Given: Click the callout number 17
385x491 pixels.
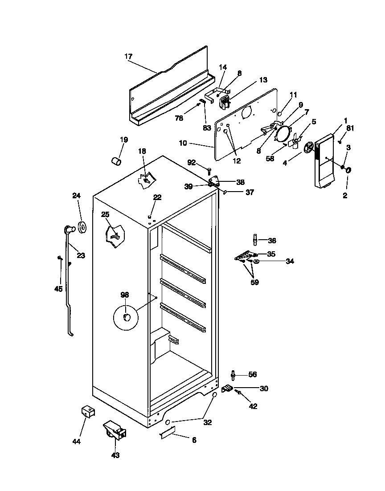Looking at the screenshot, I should point(128,57).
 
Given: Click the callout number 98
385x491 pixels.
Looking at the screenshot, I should point(124,294).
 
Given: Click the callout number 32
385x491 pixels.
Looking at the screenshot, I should point(208,422).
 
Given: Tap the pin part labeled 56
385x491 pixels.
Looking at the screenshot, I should point(233,375).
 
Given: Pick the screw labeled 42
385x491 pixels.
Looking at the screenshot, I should point(239,393).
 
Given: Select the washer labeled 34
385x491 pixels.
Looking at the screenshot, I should point(257,261).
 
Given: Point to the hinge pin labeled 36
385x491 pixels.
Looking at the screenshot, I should point(255,240).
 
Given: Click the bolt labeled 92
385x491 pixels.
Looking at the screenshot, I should point(209,170).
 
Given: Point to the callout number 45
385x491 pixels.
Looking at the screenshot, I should point(58,289).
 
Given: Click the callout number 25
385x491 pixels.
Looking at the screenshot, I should point(105,214).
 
